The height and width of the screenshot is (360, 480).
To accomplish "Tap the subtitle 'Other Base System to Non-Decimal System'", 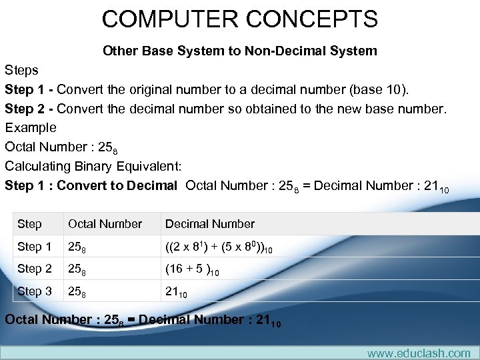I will coord(240,51).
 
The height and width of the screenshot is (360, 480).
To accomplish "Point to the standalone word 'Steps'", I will coord(21,69).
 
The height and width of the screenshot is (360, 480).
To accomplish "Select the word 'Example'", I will coord(31,127).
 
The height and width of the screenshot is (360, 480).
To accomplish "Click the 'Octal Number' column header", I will coord(105,224).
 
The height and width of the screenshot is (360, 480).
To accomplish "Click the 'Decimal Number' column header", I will coord(210,224).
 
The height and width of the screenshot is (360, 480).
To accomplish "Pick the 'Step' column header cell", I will coord(29,224).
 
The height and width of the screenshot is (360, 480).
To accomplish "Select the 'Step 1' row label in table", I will coord(34,247).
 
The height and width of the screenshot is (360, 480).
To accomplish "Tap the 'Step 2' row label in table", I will coord(34,269).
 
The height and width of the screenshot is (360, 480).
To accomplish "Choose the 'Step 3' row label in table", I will coord(34,291).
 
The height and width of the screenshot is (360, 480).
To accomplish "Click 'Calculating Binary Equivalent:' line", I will coord(93,165).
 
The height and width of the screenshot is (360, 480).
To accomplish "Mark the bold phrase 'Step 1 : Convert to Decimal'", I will coord(91,185).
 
